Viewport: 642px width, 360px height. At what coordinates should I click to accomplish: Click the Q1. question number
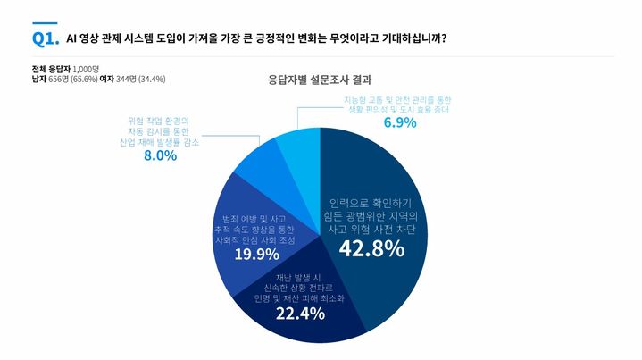pos(45,38)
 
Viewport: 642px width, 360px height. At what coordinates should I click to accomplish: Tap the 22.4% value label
pos(299,314)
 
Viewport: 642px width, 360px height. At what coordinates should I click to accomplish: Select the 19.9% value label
pos(256,254)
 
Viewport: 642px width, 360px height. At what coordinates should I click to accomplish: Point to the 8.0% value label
pos(159,155)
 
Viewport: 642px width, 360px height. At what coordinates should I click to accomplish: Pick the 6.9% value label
pos(400,122)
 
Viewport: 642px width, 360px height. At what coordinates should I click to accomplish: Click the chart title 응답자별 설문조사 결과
pos(320,78)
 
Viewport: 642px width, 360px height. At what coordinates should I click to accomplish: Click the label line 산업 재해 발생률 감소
pos(159,141)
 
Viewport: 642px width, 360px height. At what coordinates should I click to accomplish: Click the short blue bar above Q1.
pos(44,23)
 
